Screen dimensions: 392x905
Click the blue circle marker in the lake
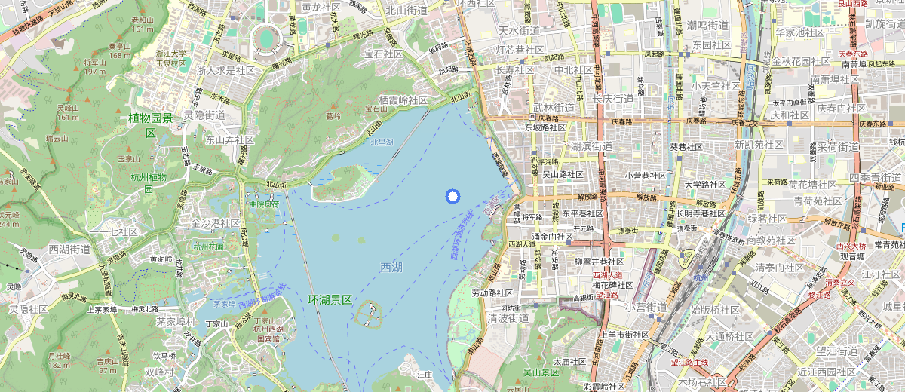click(x=452, y=197)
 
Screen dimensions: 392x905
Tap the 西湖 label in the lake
click(x=391, y=268)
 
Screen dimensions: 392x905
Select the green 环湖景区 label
click(x=330, y=300)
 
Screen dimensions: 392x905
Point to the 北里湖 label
click(x=382, y=142)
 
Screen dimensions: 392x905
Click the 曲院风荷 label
click(x=263, y=204)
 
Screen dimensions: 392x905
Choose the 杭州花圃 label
click(x=208, y=247)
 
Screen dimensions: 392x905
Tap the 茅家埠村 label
click(x=176, y=322)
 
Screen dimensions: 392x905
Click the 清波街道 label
click(x=507, y=318)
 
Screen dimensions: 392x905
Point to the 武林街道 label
click(x=554, y=108)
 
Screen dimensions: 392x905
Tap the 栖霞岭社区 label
click(x=403, y=100)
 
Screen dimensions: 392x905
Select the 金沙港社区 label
click(x=216, y=223)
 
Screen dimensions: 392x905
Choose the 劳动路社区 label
click(x=492, y=293)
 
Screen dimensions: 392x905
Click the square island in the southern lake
click(x=369, y=313)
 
